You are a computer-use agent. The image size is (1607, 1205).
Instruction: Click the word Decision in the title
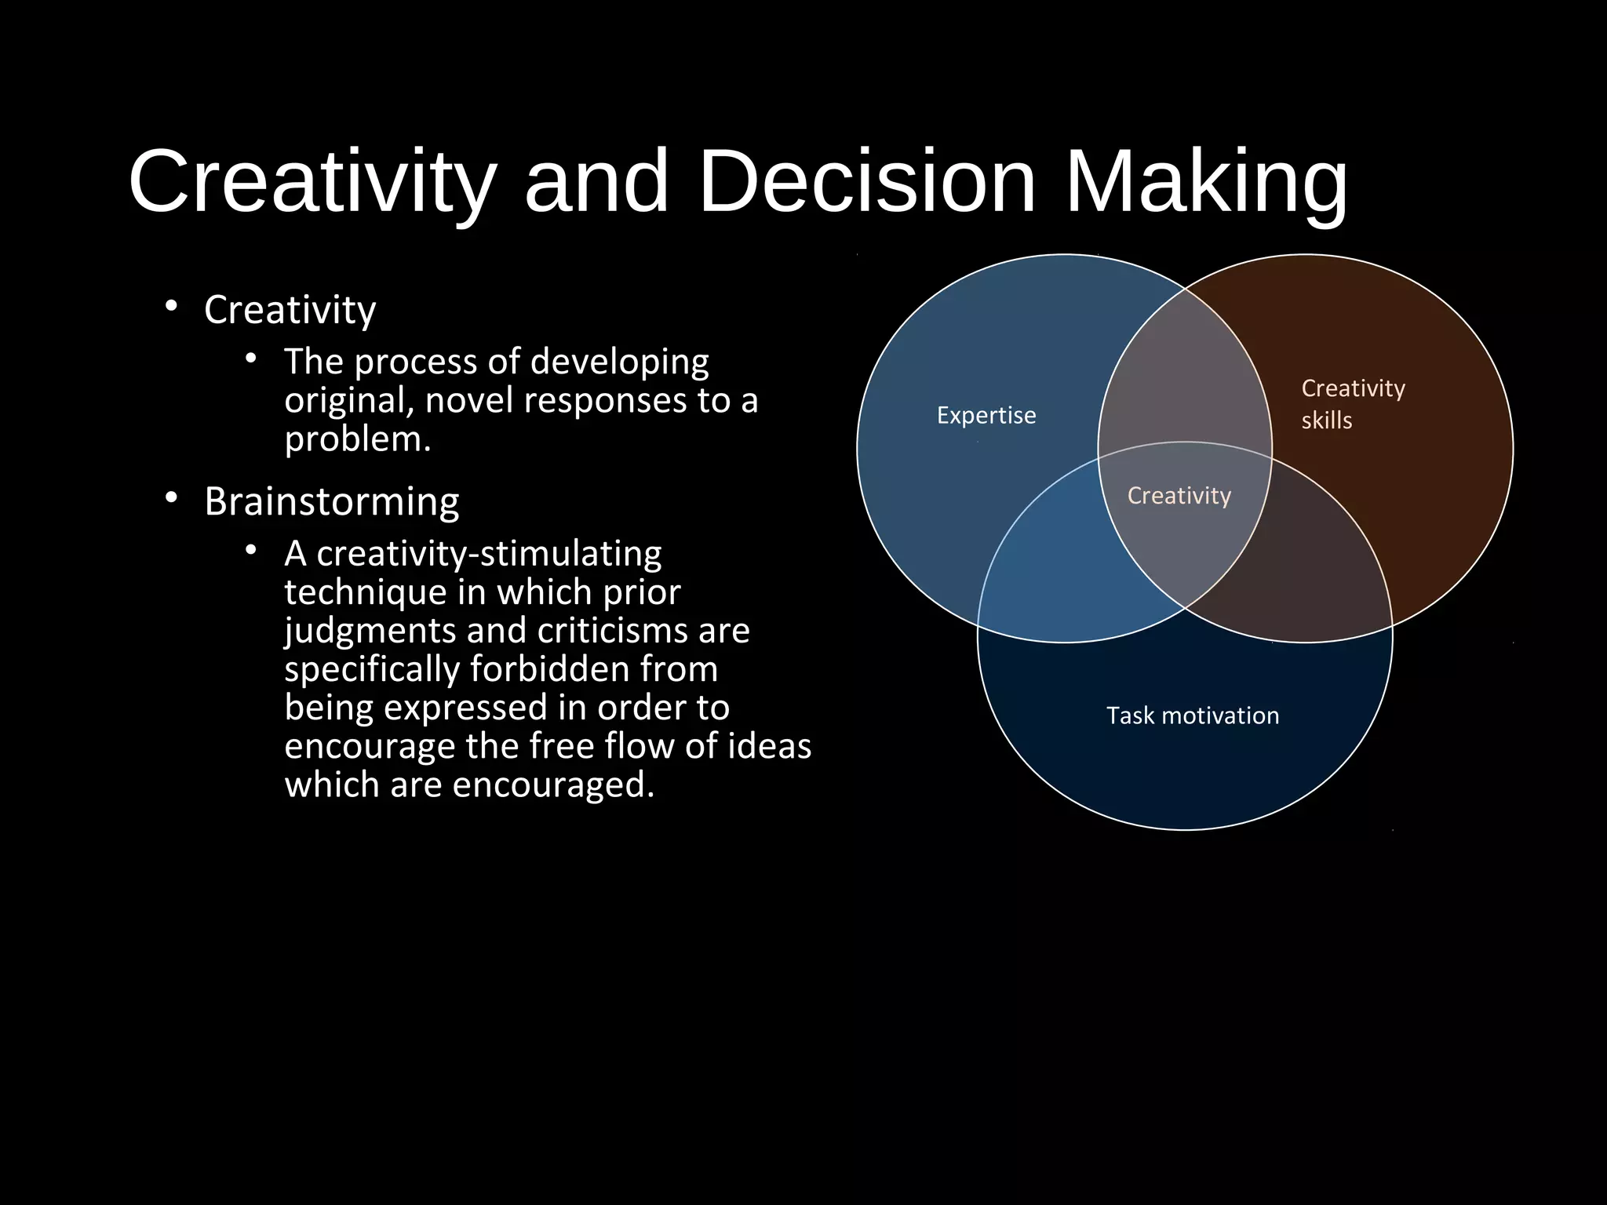click(866, 182)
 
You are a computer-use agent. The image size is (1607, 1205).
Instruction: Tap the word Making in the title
click(1206, 182)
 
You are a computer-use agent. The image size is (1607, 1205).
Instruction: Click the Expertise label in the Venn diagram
click(986, 415)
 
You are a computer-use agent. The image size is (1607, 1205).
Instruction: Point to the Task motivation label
click(1193, 715)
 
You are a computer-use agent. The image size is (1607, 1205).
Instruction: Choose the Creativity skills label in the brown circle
click(1353, 403)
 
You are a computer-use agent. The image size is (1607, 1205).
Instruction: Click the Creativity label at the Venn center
click(1179, 496)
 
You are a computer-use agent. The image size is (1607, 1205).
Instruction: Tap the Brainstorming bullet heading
click(332, 502)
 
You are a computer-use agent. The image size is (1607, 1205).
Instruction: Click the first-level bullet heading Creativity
click(290, 310)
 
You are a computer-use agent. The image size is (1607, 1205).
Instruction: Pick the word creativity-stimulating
click(489, 554)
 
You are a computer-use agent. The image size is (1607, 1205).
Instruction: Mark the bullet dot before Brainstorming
click(171, 498)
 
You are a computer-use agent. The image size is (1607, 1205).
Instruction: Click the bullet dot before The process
click(251, 359)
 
